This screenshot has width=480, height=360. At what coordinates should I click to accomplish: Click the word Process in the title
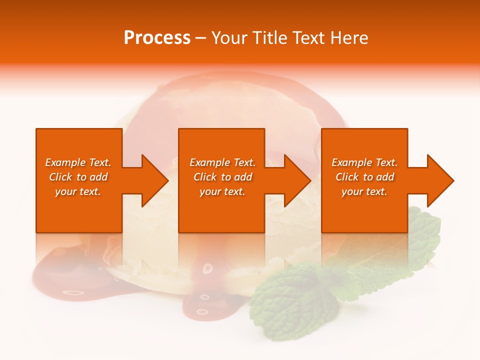click(x=157, y=38)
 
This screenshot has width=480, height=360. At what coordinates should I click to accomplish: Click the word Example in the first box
click(x=65, y=162)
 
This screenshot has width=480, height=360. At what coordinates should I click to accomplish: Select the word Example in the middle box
click(x=209, y=162)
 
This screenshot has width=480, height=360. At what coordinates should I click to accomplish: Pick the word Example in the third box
click(x=351, y=162)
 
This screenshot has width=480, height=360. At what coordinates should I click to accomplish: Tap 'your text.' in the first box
click(x=78, y=191)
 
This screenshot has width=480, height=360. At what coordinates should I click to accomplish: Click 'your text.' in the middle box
click(x=222, y=191)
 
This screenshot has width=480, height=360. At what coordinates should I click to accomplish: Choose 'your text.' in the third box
click(x=364, y=191)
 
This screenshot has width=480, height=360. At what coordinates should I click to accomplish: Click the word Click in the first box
click(x=61, y=177)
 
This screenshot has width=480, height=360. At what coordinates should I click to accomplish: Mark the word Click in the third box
click(x=347, y=177)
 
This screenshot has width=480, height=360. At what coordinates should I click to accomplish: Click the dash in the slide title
click(x=201, y=38)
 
